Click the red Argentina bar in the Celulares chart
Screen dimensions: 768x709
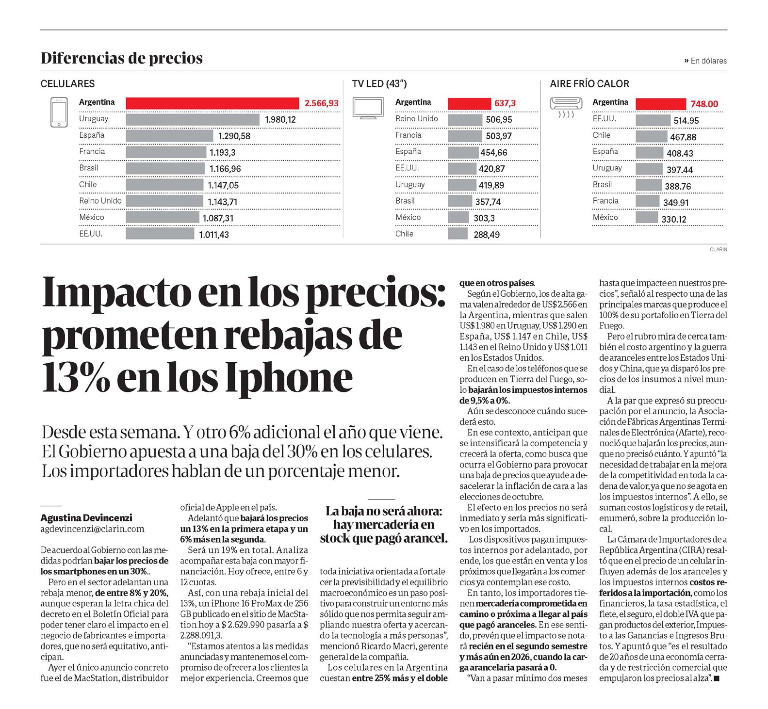(x=212, y=103)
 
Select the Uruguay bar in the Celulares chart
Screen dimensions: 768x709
(x=193, y=119)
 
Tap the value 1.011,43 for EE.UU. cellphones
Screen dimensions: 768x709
(x=214, y=235)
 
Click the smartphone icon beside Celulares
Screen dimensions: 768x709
(x=59, y=113)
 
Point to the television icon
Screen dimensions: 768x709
(x=368, y=108)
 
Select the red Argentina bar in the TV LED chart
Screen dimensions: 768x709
(x=469, y=103)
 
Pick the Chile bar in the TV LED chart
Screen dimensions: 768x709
(x=458, y=234)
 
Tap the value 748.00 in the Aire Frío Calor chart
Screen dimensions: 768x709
(x=704, y=104)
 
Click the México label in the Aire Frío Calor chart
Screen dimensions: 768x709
(x=605, y=217)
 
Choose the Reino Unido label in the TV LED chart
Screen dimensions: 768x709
(x=416, y=118)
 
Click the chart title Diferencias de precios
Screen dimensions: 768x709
(x=122, y=58)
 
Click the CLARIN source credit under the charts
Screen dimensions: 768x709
(x=718, y=249)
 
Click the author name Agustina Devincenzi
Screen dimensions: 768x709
(x=86, y=518)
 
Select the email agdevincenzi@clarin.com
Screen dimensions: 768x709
(x=93, y=529)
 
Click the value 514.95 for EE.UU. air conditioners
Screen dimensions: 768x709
(x=686, y=121)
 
